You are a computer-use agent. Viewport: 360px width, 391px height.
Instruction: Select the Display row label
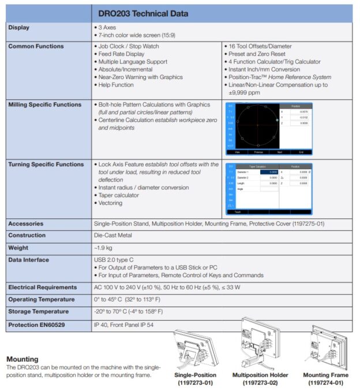point(19,27)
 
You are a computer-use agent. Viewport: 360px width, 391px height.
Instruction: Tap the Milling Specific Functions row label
point(44,105)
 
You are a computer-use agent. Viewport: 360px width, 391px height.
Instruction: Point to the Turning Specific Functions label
point(46,165)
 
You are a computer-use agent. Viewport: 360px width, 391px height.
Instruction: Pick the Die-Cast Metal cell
point(112,235)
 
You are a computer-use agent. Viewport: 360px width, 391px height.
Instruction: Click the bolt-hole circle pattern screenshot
point(268,128)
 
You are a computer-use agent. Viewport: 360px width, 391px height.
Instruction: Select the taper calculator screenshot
point(268,188)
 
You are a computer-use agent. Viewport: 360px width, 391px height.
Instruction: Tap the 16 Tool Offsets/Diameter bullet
point(260,46)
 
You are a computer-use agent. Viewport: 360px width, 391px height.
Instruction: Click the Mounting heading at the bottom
point(22,359)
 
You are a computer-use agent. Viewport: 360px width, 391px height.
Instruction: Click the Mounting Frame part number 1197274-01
point(325,382)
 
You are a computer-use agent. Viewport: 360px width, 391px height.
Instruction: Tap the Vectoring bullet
point(110,203)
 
